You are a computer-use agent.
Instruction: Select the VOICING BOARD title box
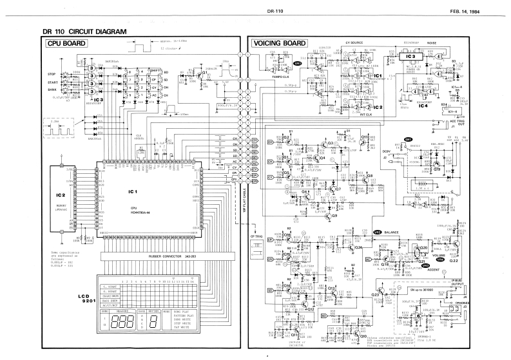pos(279,44)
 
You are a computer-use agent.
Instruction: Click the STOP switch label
pos(52,75)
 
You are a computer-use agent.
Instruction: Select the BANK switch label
pos(52,90)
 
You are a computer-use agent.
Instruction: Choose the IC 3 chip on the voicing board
pos(392,57)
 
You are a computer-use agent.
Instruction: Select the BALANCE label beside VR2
pos(392,231)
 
